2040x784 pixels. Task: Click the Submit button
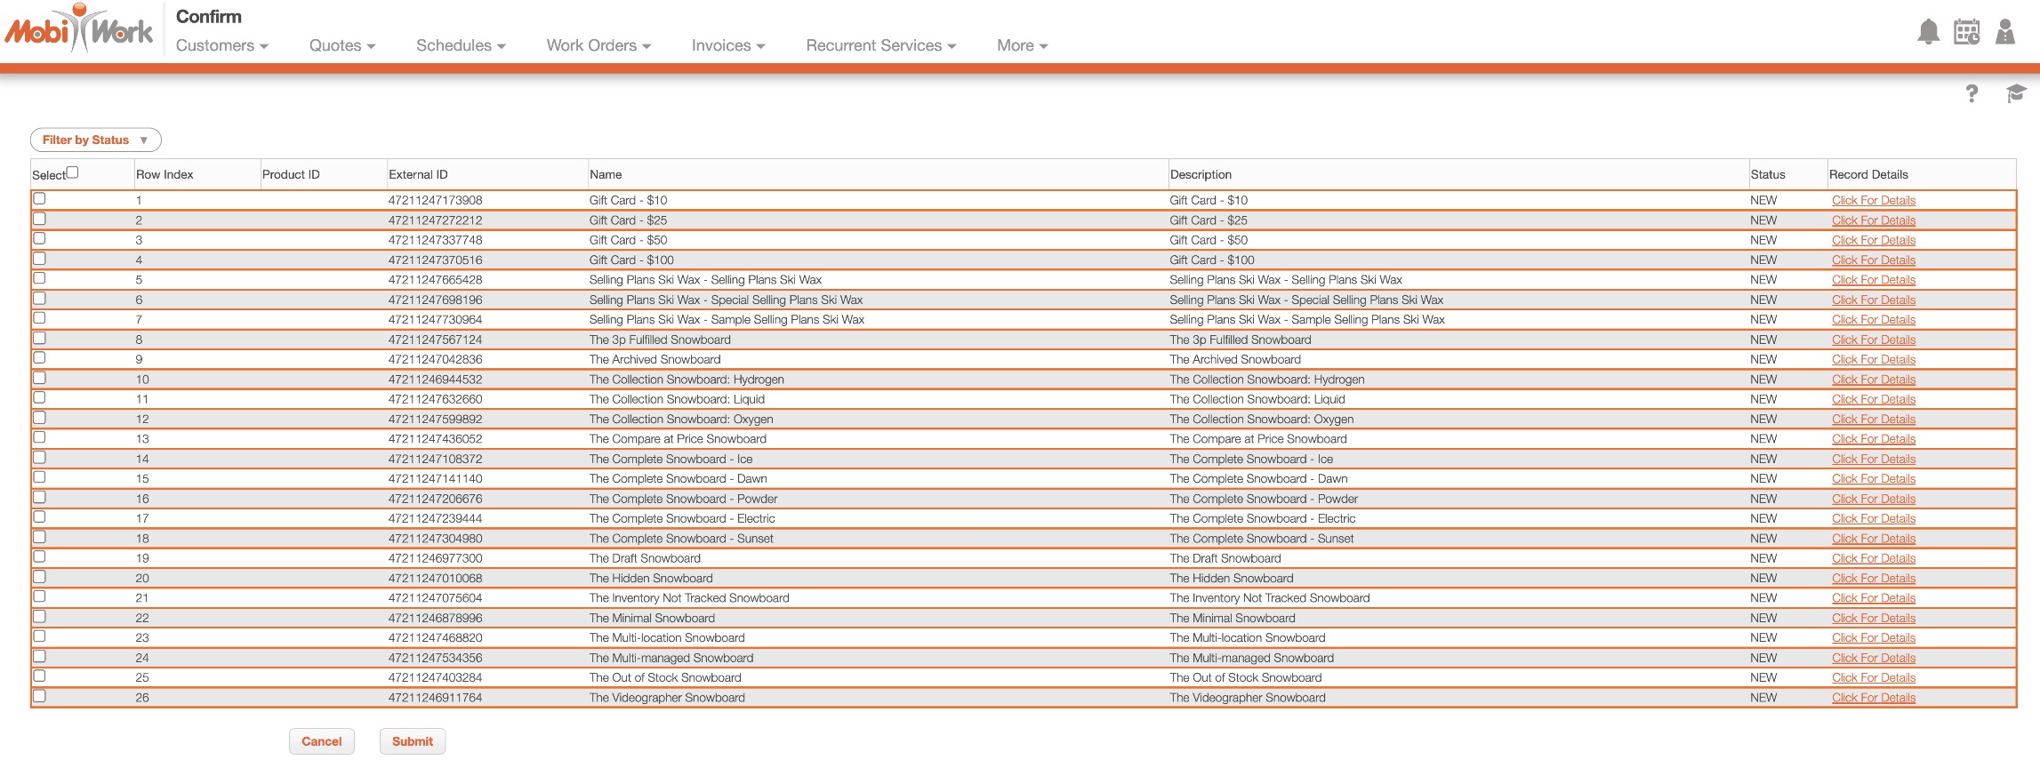coord(412,741)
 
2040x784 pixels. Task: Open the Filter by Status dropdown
coord(95,140)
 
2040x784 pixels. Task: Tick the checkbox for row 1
coord(39,199)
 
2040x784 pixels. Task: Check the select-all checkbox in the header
coord(73,172)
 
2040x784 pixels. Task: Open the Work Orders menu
coord(598,45)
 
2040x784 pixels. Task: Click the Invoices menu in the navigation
coord(727,45)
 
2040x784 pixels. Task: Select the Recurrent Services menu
coord(880,45)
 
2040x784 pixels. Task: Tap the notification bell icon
coord(1928,32)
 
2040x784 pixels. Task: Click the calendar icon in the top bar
coord(1966,32)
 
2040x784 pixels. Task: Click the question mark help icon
coord(1972,93)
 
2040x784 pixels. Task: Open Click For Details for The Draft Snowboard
coord(1873,558)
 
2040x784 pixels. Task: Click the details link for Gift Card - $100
coord(1873,260)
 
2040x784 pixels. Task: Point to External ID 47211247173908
coord(435,201)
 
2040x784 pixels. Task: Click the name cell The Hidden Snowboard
coord(650,579)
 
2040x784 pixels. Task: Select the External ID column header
coord(418,175)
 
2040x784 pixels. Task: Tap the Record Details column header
coord(1868,175)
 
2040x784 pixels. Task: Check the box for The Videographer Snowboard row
coord(39,696)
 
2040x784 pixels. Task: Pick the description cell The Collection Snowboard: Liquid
coord(1257,400)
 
